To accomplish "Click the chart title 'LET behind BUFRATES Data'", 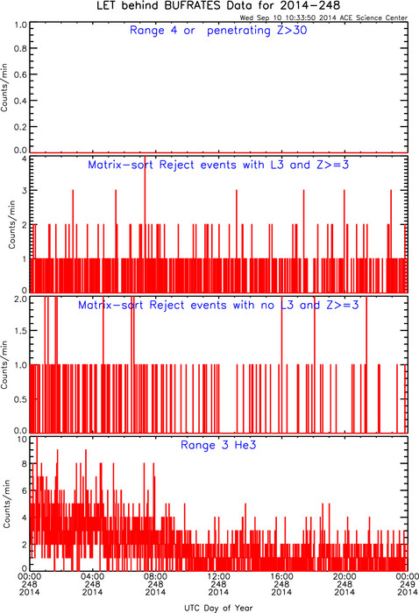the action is pos(174,6).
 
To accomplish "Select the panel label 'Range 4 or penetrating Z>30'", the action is pos(218,31).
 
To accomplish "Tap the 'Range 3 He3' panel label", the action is pos(218,445).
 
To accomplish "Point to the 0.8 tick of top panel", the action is pos(20,48).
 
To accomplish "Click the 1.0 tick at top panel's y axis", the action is pos(20,25).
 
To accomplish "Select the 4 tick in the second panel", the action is pos(25,159).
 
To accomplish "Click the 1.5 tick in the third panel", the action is pos(20,331).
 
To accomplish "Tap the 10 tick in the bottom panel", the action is pos(22,440).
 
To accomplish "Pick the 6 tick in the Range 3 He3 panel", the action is pos(25,490).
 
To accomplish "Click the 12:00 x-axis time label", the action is pos(218,576).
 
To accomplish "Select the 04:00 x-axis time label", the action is pos(92,576).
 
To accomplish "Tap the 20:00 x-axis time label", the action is pos(344,576).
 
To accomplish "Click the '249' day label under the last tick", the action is pos(408,584).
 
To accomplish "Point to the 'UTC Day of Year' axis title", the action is pos(218,608).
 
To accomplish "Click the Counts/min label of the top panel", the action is pos(4,88).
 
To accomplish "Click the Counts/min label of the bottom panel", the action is pos(7,504).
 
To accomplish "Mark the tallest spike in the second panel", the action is pos(146,223).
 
